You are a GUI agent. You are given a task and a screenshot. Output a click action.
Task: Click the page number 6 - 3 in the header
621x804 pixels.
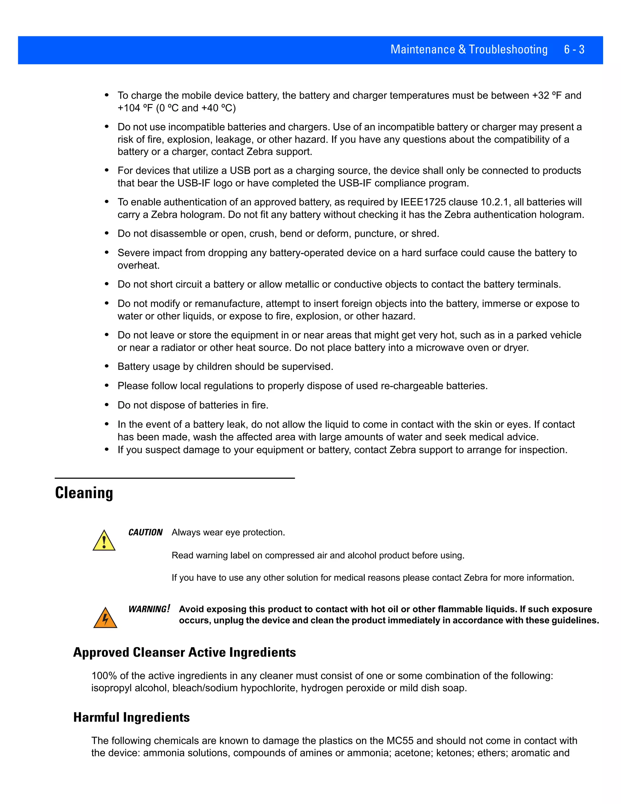point(574,49)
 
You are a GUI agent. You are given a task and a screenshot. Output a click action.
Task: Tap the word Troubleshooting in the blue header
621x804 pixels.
point(508,49)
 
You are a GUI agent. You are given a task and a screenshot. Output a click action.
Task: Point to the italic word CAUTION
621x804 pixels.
point(145,532)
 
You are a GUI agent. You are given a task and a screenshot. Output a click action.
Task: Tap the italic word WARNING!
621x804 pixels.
point(149,609)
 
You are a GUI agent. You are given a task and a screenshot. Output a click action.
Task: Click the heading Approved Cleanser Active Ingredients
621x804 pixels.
point(184,652)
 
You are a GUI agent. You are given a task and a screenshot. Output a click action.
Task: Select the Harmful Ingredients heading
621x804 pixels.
point(131,717)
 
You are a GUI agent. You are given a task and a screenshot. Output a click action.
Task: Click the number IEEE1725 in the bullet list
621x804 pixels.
point(423,202)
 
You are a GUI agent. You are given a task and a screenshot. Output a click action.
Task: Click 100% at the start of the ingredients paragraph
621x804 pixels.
point(104,676)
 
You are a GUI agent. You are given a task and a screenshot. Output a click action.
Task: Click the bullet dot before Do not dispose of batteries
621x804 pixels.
point(107,405)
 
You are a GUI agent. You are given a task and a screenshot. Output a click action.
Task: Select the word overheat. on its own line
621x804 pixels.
point(138,265)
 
